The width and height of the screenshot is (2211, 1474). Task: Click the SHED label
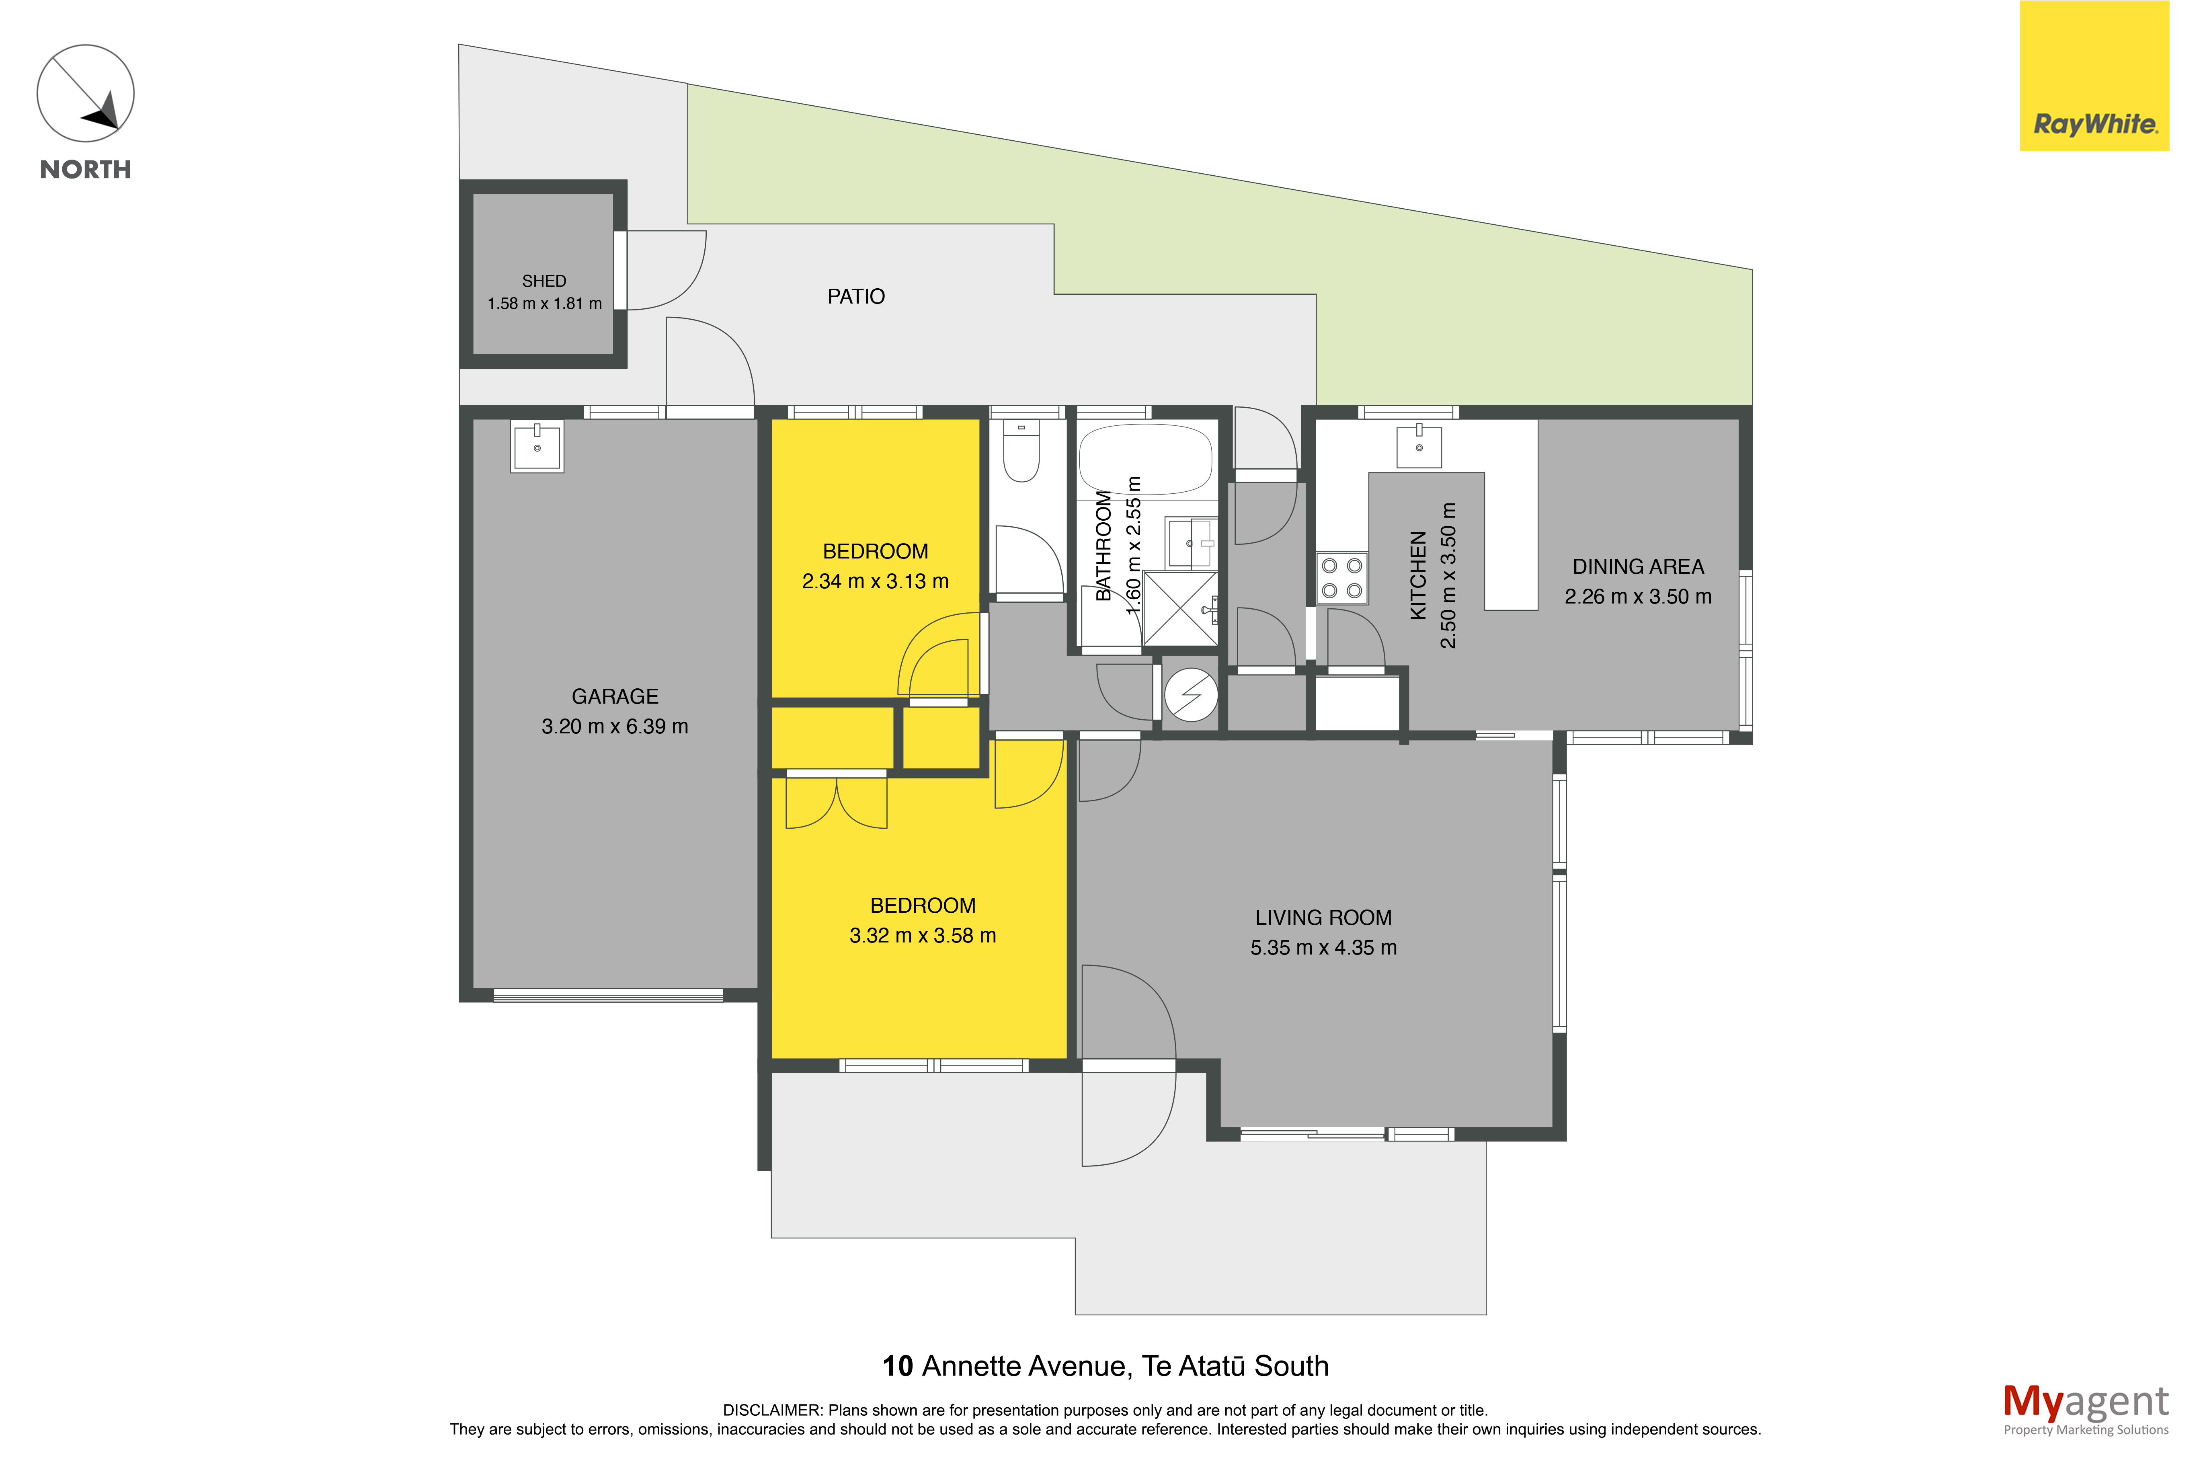point(544,281)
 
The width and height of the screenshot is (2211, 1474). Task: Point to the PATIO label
point(856,297)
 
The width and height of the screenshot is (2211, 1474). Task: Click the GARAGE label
point(615,696)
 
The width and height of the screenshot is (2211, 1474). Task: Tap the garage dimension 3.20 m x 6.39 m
point(615,727)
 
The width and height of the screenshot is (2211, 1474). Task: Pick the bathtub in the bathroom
point(1145,459)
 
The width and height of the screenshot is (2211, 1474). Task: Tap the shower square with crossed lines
point(1180,608)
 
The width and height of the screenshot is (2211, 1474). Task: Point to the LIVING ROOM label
point(1323,918)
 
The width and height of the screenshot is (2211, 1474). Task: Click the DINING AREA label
point(1638,567)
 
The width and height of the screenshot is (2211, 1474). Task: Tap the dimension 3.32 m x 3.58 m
point(923,935)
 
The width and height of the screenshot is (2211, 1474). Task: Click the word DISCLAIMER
point(772,1410)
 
